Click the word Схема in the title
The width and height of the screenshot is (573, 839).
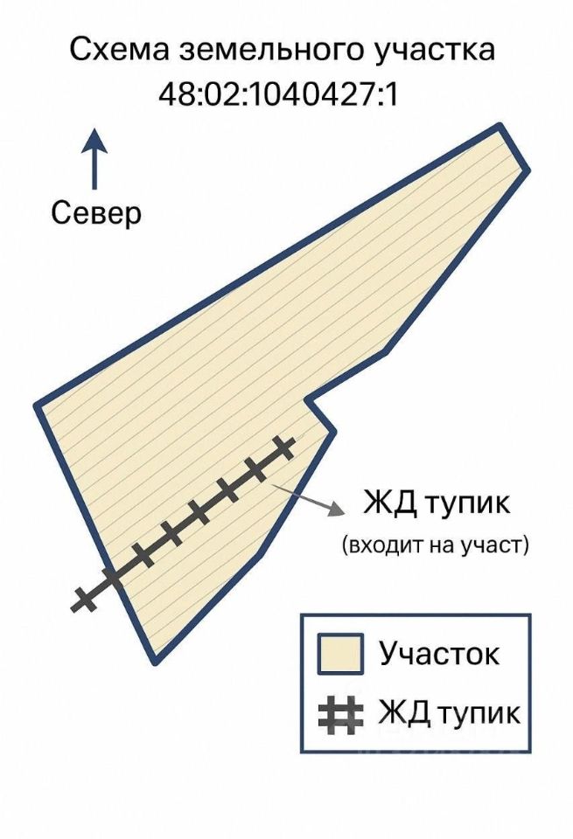pyautogui.click(x=119, y=50)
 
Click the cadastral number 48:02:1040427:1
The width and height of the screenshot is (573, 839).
pyautogui.click(x=278, y=94)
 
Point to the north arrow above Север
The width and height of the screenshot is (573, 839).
pyautogui.click(x=94, y=157)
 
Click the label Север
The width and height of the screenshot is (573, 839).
pyautogui.click(x=96, y=212)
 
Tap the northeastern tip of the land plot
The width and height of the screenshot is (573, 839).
pyautogui.click(x=503, y=129)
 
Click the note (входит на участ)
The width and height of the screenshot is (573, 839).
pyautogui.click(x=436, y=546)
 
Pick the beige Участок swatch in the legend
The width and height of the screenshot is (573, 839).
pyautogui.click(x=339, y=655)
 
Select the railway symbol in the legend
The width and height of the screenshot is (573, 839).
pyautogui.click(x=339, y=715)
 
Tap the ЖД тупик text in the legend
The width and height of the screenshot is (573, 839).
pyautogui.click(x=449, y=713)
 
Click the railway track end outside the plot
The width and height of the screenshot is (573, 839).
pyautogui.click(x=81, y=600)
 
